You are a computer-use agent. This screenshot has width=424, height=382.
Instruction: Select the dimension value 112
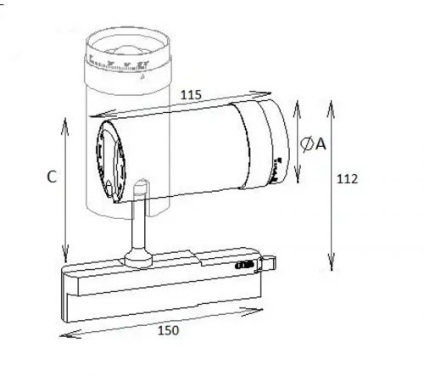347,179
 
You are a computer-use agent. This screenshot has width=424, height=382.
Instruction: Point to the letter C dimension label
51,177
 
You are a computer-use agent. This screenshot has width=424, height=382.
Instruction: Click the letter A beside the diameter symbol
321,144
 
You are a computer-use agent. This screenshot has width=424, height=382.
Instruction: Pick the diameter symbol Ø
307,144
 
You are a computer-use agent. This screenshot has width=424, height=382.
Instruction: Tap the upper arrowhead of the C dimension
66,120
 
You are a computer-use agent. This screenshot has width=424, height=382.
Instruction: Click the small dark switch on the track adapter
243,267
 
